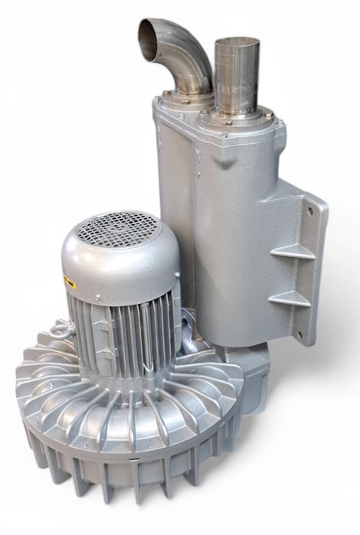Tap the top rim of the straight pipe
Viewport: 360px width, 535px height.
pyautogui.click(x=237, y=41)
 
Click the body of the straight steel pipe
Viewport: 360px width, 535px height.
pyautogui.click(x=236, y=77)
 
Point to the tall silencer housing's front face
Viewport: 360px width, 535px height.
pyautogui.click(x=230, y=230)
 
